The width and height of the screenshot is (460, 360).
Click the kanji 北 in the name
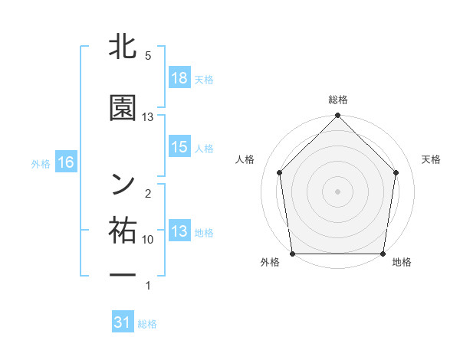click(x=123, y=47)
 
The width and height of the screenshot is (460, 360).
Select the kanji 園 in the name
click(x=123, y=109)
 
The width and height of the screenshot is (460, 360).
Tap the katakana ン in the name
click(x=123, y=182)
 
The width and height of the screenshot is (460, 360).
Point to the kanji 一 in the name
click(x=123, y=274)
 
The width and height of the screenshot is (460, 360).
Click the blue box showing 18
click(x=179, y=78)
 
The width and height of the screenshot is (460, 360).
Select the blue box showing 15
click(x=179, y=147)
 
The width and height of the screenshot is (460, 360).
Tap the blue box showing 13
click(x=179, y=232)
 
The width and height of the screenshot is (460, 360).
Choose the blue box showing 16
click(x=65, y=162)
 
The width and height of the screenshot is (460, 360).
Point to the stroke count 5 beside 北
click(x=148, y=56)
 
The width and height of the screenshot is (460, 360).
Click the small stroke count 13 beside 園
click(x=148, y=117)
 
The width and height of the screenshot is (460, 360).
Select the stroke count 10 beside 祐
click(x=148, y=240)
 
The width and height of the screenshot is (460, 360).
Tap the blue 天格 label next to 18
click(x=204, y=79)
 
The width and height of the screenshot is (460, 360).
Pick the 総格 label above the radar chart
click(x=337, y=100)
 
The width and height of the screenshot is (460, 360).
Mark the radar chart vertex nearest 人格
click(x=279, y=172)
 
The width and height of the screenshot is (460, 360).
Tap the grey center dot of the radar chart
click(x=337, y=191)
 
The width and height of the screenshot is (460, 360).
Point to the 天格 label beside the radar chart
click(x=431, y=159)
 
